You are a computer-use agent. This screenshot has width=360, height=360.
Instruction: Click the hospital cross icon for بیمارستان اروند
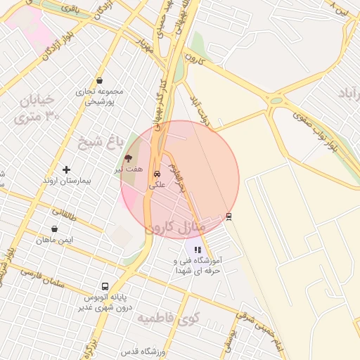click(x=66, y=169)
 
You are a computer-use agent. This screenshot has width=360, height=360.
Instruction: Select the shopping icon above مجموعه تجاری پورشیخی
click(x=100, y=81)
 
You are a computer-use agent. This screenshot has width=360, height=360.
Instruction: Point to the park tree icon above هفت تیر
click(x=128, y=159)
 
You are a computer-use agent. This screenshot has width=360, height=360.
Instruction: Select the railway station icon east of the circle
click(x=229, y=217)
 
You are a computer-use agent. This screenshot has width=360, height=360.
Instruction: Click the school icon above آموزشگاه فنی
click(x=198, y=249)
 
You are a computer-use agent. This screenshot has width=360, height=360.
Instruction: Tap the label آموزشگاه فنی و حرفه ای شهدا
click(x=198, y=265)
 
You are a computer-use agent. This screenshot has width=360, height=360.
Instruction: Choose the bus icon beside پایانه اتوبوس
click(x=105, y=286)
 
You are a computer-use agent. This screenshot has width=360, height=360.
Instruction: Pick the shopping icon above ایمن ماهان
click(x=55, y=229)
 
